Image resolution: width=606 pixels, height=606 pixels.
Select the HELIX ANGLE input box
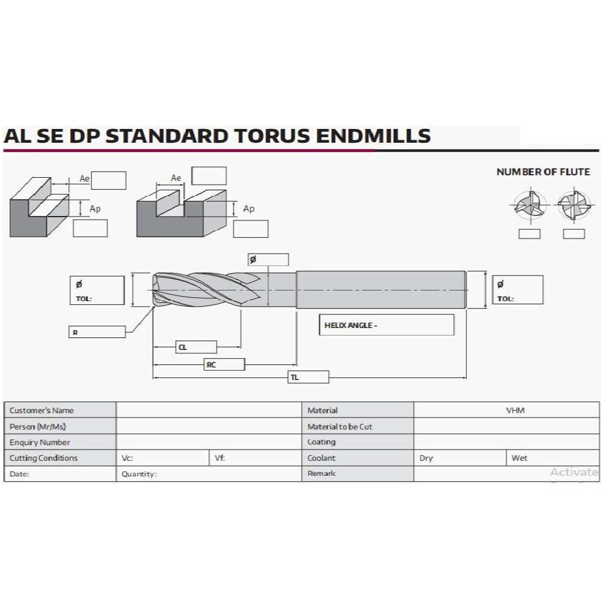386,325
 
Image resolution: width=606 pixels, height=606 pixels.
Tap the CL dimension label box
196,347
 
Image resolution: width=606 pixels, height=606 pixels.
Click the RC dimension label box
223,364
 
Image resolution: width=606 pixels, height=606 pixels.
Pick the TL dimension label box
308,377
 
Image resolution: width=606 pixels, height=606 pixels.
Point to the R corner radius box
97,332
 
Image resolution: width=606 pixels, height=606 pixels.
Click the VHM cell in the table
515,411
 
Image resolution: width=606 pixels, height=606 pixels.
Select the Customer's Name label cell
60,411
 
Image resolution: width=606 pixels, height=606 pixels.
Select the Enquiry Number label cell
60,442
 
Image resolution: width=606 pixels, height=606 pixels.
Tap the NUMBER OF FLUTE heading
543,172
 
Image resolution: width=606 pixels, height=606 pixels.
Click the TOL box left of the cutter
97,290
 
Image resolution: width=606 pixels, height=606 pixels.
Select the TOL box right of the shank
518,290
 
